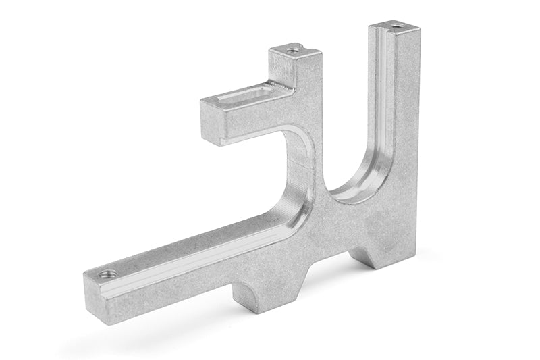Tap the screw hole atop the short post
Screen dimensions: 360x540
pos(292,49)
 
